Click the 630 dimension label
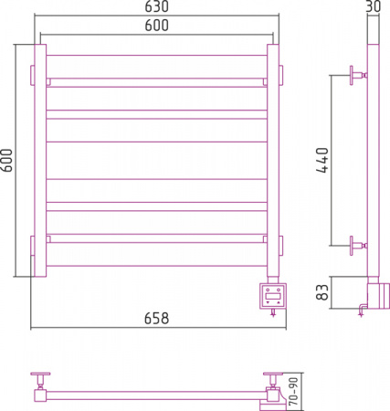pos(156,6)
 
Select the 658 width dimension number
pos(156,319)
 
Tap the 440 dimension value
pos(322,160)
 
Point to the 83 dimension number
pos(322,292)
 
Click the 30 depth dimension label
pos(374,6)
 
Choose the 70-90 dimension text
pos(293,391)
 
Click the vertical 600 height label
pos(6,160)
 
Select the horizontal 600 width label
pos(156,26)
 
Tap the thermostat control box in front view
pos(273,296)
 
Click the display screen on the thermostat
pos(273,295)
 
